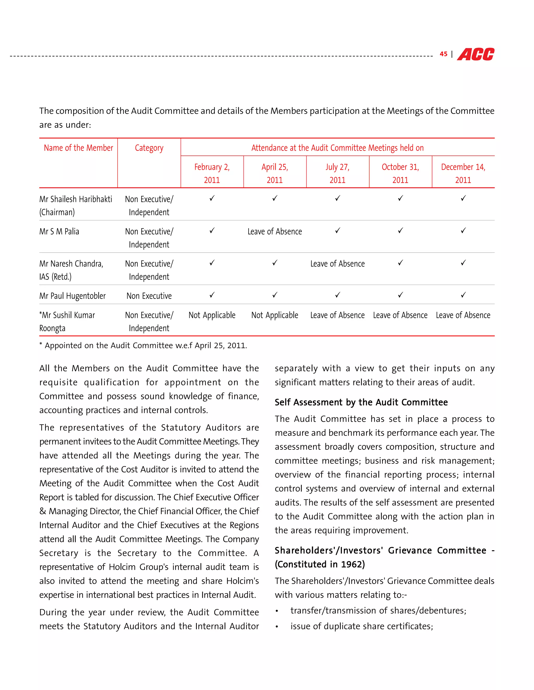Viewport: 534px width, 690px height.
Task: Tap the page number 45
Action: pyautogui.click(x=444, y=54)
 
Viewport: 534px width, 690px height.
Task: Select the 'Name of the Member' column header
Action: pyautogui.click(x=78, y=148)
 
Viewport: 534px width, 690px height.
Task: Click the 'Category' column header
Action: pyautogui.click(x=149, y=148)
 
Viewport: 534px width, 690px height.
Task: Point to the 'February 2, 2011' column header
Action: pyautogui.click(x=212, y=173)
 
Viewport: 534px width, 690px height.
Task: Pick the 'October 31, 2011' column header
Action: pyautogui.click(x=400, y=173)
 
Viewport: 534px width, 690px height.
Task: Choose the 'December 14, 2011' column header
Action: pyautogui.click(x=463, y=173)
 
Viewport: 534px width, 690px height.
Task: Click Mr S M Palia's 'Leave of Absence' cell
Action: pyautogui.click(x=275, y=231)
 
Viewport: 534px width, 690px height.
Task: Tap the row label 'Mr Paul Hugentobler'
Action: pyautogui.click(x=72, y=296)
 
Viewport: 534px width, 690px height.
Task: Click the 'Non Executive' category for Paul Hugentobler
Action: pyautogui.click(x=149, y=296)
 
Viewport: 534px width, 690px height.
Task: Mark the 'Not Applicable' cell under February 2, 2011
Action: pyautogui.click(x=212, y=315)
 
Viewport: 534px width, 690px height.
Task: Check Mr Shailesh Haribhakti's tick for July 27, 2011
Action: pyautogui.click(x=338, y=198)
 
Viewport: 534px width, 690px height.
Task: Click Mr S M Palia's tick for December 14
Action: pyautogui.click(x=463, y=231)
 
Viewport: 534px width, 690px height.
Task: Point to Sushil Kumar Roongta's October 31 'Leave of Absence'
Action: pyautogui.click(x=400, y=315)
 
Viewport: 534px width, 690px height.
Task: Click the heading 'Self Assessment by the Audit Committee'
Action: pyautogui.click(x=361, y=402)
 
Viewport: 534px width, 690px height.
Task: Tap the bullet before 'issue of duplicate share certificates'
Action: pyautogui.click(x=277, y=627)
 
